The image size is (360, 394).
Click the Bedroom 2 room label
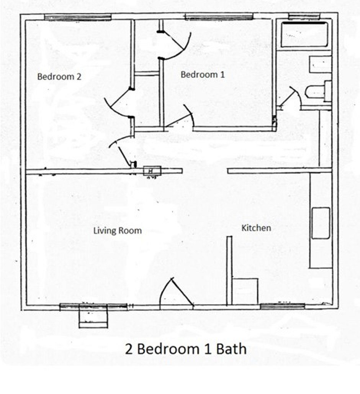pyautogui.click(x=59, y=76)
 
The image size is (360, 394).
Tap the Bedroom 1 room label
pyautogui.click(x=203, y=74)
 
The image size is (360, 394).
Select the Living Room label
pyautogui.click(x=118, y=231)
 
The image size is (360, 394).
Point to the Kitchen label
pyautogui.click(x=256, y=228)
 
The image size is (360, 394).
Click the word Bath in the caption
pyautogui.click(x=231, y=349)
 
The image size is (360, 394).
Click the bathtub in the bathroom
pyautogui.click(x=304, y=34)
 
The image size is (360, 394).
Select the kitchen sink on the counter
pyautogui.click(x=321, y=223)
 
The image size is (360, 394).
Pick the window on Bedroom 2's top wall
pyautogui.click(x=78, y=17)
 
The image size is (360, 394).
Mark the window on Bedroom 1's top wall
pyautogui.click(x=219, y=17)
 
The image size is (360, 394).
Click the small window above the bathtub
pyautogui.click(x=304, y=16)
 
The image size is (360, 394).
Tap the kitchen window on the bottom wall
pyautogui.click(x=282, y=306)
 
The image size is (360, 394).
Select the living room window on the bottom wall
pyautogui.click(x=93, y=307)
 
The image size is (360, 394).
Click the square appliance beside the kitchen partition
pyautogui.click(x=245, y=291)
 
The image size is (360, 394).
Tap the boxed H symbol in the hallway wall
pyautogui.click(x=152, y=171)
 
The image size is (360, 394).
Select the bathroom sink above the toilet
pyautogui.click(x=320, y=64)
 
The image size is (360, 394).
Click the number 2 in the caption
pyautogui.click(x=129, y=349)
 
